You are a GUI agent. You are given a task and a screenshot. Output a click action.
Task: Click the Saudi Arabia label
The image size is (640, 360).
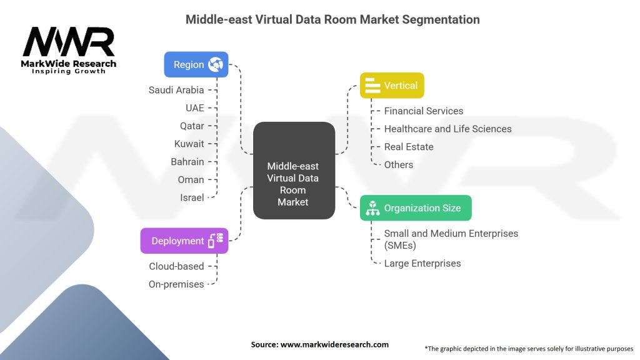[176, 90]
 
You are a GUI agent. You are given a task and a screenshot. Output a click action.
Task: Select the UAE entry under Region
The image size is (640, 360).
[194, 108]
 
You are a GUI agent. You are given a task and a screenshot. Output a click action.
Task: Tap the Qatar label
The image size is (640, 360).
[192, 126]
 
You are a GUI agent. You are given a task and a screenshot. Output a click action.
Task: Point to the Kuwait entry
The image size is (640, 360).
[189, 144]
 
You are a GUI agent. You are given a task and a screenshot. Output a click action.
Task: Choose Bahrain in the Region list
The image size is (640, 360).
[187, 162]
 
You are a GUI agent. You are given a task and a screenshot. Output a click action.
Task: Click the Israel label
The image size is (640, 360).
[192, 197]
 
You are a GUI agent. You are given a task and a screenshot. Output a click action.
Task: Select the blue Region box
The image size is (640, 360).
[196, 64]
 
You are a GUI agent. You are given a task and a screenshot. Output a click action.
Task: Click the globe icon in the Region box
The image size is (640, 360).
[216, 64]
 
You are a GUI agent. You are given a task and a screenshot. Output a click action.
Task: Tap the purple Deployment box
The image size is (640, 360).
[184, 241]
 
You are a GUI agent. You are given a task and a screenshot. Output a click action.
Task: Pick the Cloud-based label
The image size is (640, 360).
[176, 266]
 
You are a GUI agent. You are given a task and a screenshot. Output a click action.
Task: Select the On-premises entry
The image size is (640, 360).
[176, 284]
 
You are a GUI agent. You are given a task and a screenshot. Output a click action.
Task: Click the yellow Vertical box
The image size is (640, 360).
[392, 86]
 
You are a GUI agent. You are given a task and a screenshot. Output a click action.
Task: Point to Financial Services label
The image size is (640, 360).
[424, 111]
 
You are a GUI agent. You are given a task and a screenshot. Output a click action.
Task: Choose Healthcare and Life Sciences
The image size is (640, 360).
[447, 129]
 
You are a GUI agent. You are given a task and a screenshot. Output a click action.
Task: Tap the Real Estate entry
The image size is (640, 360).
[409, 147]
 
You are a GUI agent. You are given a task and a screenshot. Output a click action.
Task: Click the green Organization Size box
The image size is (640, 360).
[416, 208]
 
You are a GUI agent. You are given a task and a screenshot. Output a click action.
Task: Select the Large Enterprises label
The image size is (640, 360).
[422, 263]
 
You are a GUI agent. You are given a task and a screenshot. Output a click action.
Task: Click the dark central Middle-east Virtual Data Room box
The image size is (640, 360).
[294, 170]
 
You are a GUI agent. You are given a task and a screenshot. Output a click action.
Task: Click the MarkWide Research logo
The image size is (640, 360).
[69, 50]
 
